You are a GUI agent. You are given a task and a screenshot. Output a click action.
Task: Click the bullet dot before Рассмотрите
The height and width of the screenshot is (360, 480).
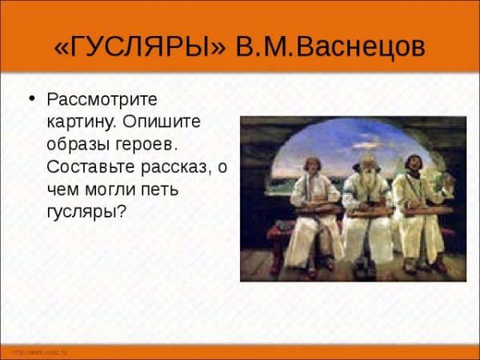pos(32,100)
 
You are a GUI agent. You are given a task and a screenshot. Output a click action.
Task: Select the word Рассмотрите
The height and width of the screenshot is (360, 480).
pos(103,101)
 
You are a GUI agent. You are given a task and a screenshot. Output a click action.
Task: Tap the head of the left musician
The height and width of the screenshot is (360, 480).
pos(309,165)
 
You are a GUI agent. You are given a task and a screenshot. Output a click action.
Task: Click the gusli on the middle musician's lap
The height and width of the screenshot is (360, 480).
pos(369,211)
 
